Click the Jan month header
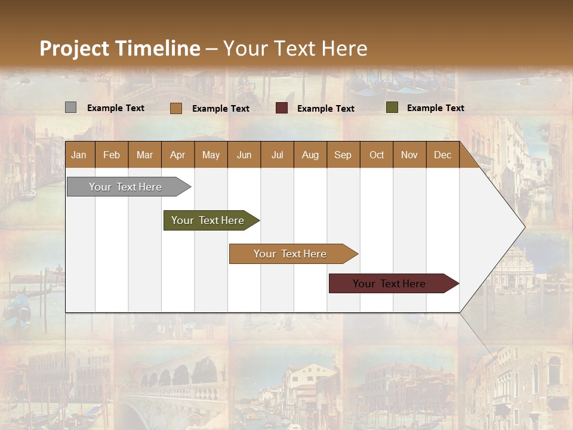[79, 155]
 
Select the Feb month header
[112, 155]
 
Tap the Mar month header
[144, 155]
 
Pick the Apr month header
[177, 155]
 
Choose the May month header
[211, 155]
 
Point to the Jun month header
[244, 155]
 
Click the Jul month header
[277, 155]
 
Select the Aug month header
[310, 155]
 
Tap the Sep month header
[343, 155]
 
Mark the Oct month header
[376, 155]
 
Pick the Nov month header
[409, 155]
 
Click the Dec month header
[442, 155]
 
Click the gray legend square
[70, 107]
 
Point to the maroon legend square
[282, 107]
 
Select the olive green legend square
[392, 107]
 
